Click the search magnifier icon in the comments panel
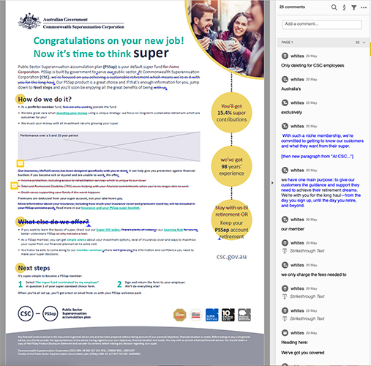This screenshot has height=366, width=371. click(x=334, y=7)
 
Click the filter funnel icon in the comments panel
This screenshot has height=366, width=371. click(x=353, y=7)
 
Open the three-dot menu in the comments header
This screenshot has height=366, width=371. click(x=364, y=7)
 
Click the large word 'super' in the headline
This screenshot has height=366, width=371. click(x=150, y=53)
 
